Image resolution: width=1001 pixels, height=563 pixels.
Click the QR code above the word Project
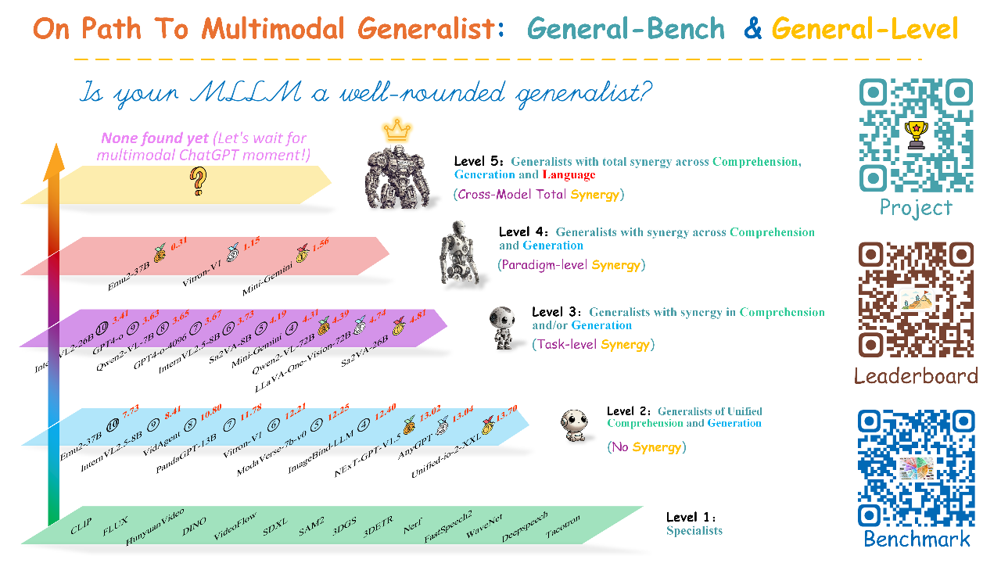click(916, 134)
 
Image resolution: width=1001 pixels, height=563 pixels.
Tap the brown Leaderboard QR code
click(916, 300)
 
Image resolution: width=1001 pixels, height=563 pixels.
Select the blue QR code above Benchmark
click(916, 468)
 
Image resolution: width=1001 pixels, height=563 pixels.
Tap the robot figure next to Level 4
click(456, 252)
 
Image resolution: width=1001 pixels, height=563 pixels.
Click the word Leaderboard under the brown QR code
click(916, 376)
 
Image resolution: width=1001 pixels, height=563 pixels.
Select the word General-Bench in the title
click(626, 29)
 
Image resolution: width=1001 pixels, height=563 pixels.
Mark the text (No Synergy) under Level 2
click(646, 447)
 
